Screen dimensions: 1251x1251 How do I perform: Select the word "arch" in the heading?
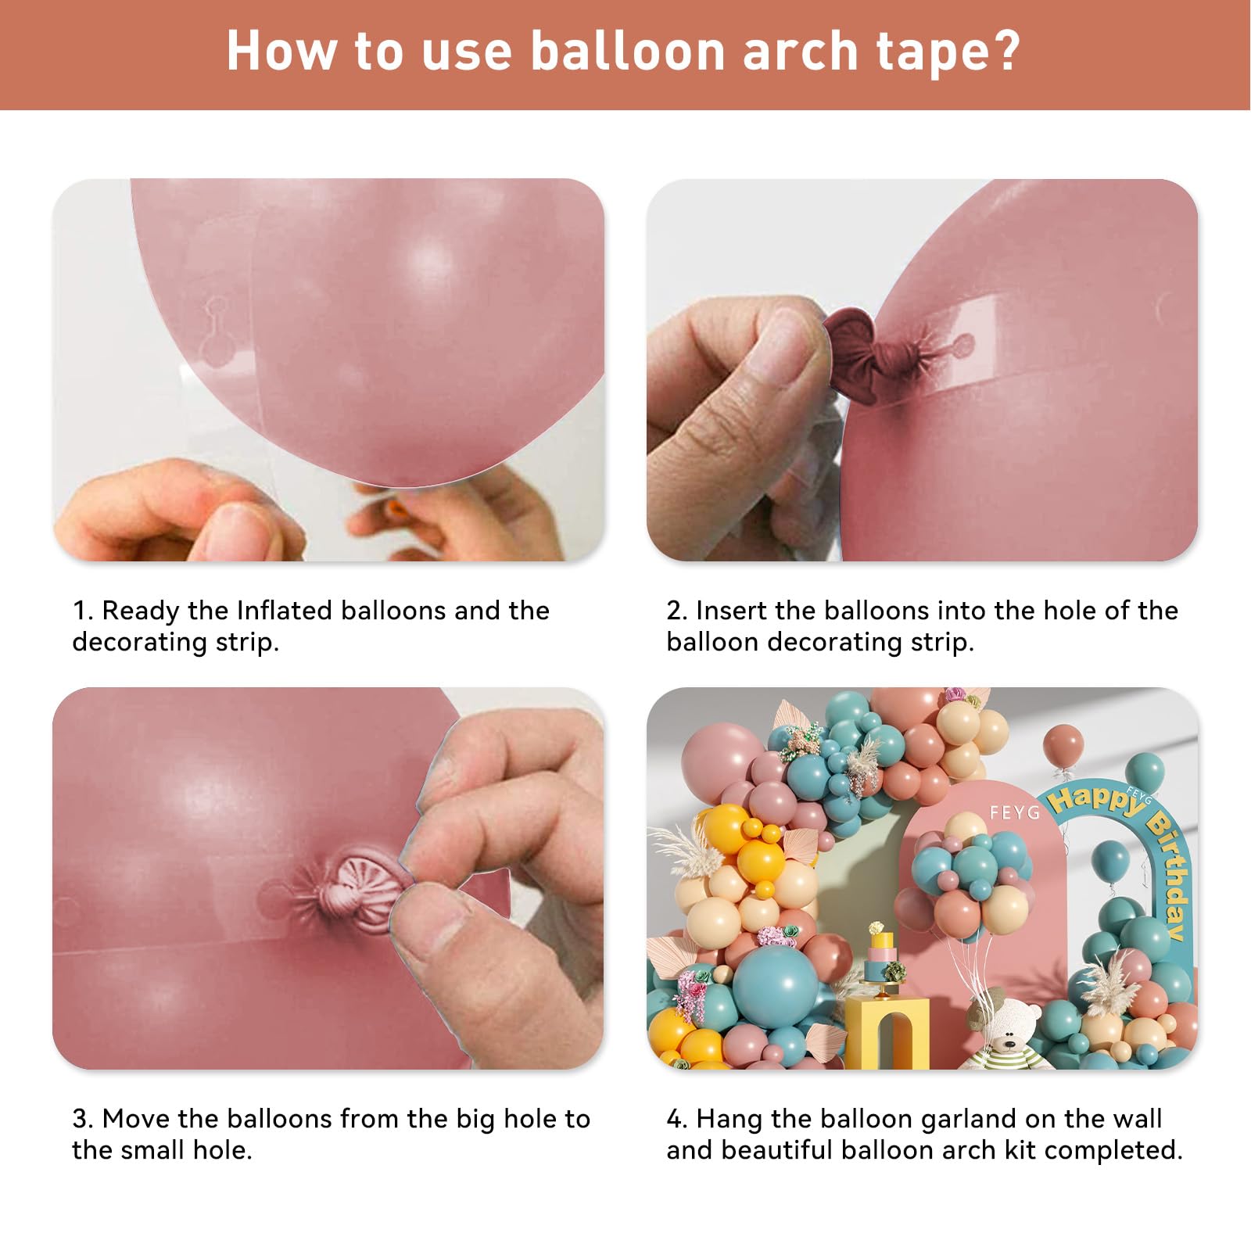pos(800,52)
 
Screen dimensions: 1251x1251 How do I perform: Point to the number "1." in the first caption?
pos(82,611)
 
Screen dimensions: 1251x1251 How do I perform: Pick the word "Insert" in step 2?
pos(733,610)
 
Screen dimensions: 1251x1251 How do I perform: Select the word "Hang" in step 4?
pos(729,1119)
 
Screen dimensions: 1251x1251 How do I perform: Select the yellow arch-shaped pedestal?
pos(887,1032)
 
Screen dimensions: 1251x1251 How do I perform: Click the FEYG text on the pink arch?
pos(1015,813)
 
